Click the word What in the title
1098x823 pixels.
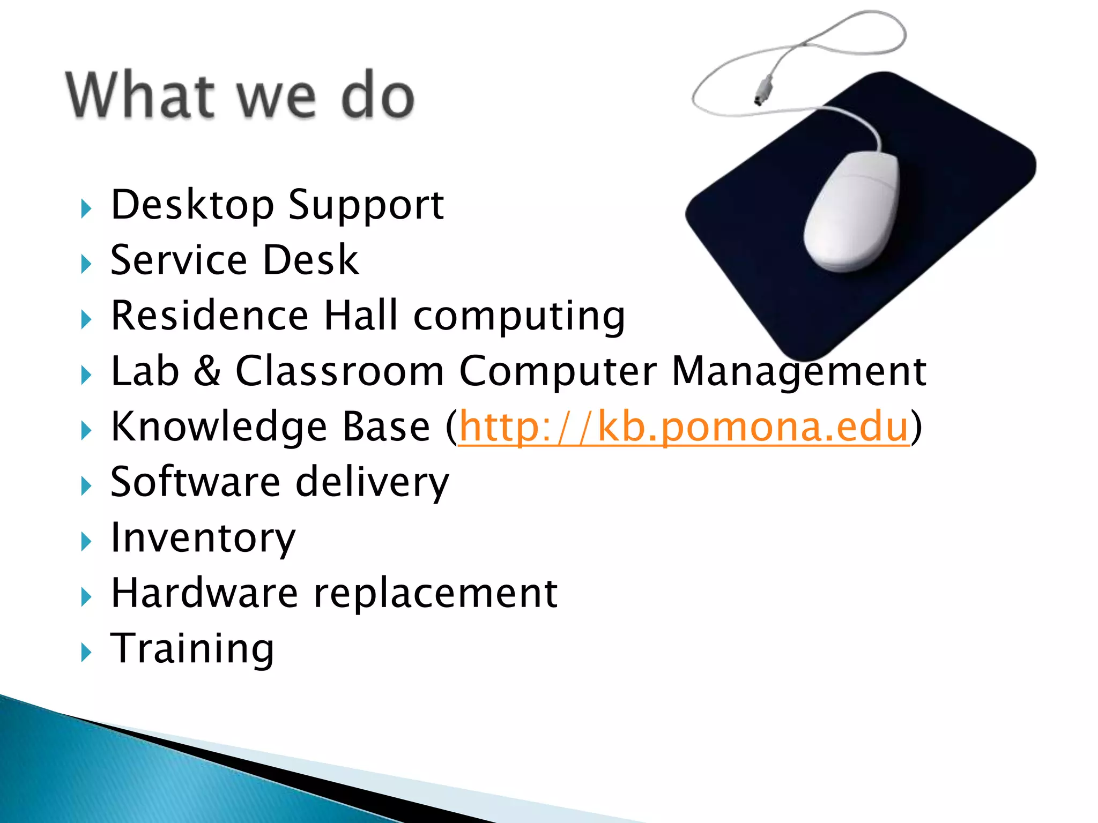[x=140, y=95]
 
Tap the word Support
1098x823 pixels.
[x=366, y=206]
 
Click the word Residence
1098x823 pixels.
[x=209, y=316]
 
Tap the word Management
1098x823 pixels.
[x=799, y=372]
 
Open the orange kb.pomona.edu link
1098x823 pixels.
[x=684, y=427]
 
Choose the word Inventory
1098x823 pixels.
[x=203, y=538]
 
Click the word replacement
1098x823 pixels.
[x=435, y=594]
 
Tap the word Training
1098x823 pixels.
[x=192, y=649]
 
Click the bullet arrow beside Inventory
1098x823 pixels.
[x=86, y=542]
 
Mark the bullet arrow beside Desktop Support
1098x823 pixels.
[x=86, y=208]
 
